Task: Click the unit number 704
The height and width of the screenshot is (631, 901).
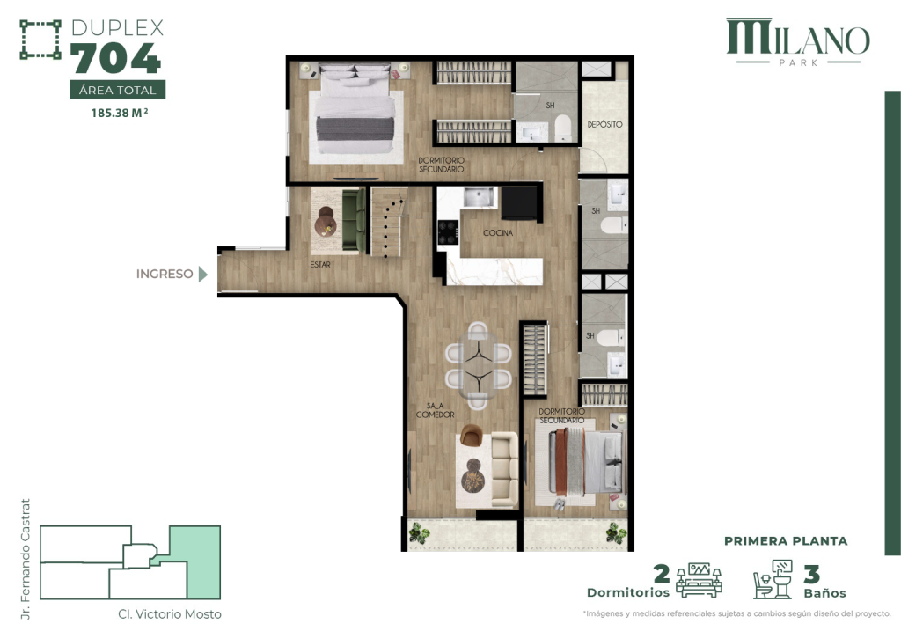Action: coord(116,60)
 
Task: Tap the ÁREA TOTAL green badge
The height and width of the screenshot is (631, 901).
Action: coord(117,90)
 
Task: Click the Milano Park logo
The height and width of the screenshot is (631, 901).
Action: coord(797,42)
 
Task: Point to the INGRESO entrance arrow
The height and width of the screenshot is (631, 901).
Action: coord(203,274)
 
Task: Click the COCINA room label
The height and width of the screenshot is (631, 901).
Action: coord(498,233)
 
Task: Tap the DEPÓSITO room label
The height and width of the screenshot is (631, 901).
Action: coord(604,125)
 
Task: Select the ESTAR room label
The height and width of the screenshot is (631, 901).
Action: coord(319,263)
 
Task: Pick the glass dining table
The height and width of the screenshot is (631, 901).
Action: coord(478,364)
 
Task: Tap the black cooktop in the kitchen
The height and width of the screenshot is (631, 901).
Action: coord(448,231)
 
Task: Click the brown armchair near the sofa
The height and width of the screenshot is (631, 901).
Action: coord(471,435)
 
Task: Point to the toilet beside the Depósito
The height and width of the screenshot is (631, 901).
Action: coord(564,129)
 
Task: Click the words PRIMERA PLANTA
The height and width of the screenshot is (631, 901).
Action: coord(786,541)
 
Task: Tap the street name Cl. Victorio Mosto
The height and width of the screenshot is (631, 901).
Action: coord(170,614)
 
